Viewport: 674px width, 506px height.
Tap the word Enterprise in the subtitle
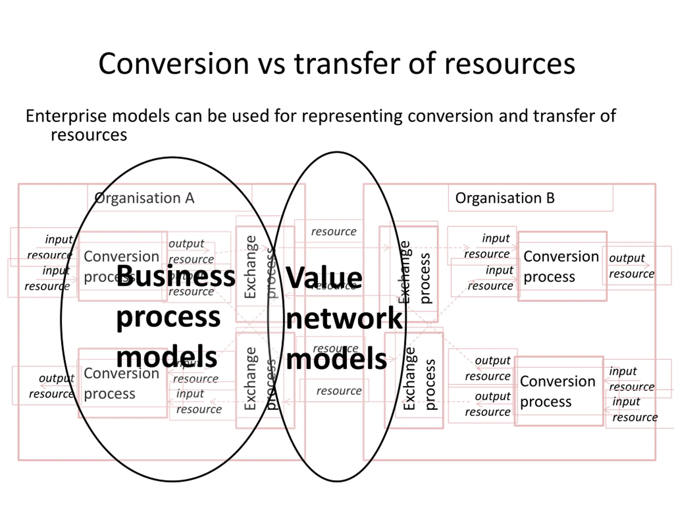[66, 116]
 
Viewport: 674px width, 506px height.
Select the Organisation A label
[145, 198]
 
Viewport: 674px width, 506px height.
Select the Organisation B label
[505, 198]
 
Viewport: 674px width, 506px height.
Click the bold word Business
[176, 276]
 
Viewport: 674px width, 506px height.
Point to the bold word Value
[324, 278]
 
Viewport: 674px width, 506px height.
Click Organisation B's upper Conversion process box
[562, 266]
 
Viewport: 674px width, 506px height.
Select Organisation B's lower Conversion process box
[558, 391]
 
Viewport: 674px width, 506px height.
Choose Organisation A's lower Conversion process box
[122, 383]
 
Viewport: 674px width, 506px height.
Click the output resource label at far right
[631, 266]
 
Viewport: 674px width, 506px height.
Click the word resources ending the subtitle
[89, 135]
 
